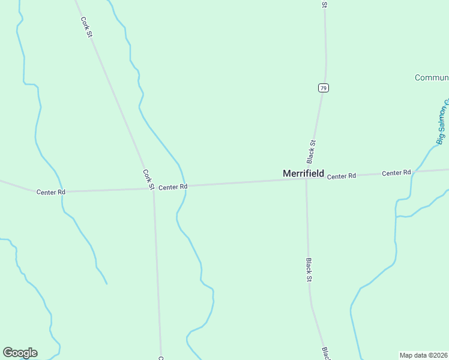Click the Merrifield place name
[303, 173]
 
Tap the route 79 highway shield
[324, 88]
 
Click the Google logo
[20, 353]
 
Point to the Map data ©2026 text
[424, 355]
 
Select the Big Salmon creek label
[443, 125]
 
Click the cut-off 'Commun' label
[432, 77]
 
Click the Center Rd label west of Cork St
[50, 192]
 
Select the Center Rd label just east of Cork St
[173, 187]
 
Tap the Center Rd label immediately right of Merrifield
[342, 176]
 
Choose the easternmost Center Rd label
[396, 173]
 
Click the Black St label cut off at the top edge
[324, 4]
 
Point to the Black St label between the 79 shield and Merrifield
[311, 152]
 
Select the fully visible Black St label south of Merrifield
[309, 271]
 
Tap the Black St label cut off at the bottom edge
[325, 353]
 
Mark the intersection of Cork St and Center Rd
[153, 188]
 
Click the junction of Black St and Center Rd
[306, 179]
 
